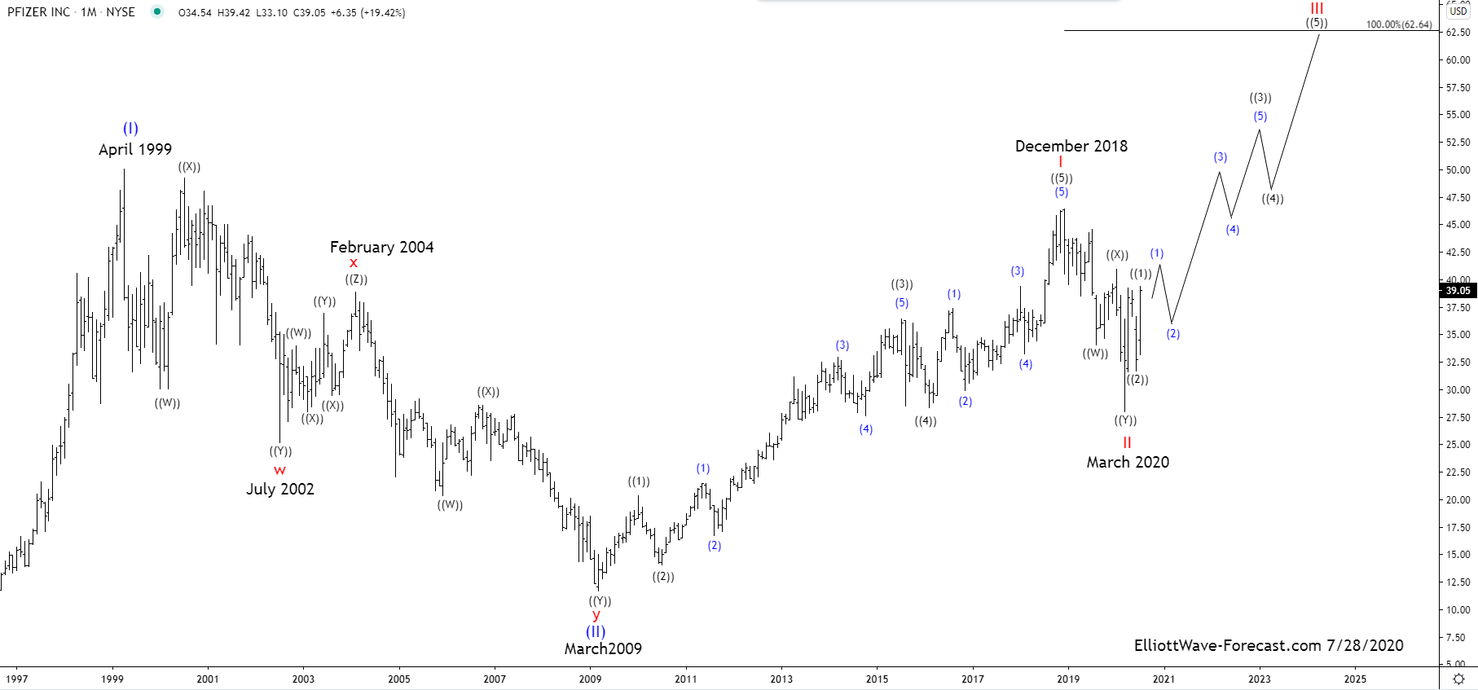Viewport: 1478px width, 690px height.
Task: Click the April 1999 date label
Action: (135, 150)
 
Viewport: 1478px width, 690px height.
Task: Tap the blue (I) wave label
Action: (130, 129)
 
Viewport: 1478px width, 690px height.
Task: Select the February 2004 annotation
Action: (381, 247)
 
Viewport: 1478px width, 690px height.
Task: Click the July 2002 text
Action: (280, 489)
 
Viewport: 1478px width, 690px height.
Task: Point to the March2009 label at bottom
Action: (603, 649)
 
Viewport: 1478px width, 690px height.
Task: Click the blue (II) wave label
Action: (596, 631)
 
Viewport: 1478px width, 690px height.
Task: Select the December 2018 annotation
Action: (1071, 147)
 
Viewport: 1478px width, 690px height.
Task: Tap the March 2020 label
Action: (1128, 463)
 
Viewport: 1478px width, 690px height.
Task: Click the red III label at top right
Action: (1317, 9)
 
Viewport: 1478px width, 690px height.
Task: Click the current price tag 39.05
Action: (1458, 291)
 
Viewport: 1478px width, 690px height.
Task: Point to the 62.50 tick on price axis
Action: (1458, 33)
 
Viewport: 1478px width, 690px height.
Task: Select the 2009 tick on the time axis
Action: (590, 679)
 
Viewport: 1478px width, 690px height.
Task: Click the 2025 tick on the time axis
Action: (1355, 679)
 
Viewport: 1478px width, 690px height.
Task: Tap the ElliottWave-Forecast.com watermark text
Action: (1269, 646)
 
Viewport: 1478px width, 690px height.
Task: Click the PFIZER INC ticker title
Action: (39, 12)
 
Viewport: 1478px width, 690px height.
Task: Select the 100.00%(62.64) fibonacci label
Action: (1398, 24)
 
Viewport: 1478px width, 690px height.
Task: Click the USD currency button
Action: (1458, 11)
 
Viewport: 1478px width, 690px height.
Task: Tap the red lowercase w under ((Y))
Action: (279, 470)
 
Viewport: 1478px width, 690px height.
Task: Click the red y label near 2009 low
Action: (596, 615)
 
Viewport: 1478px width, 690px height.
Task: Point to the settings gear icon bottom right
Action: (1458, 679)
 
